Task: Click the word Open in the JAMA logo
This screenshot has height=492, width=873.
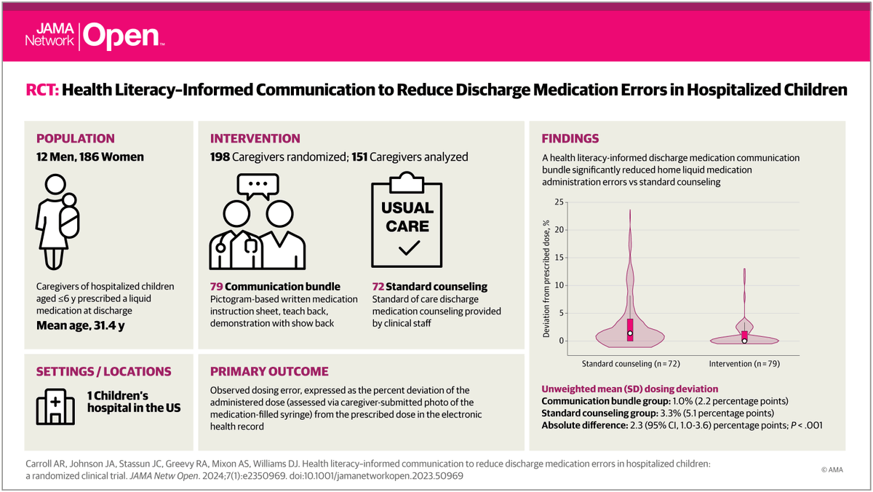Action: tap(121, 36)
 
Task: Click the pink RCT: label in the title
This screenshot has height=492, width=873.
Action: tap(42, 90)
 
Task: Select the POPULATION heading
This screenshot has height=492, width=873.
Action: tap(76, 138)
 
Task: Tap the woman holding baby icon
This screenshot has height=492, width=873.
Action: tap(57, 222)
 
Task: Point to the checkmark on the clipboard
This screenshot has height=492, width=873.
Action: tap(409, 248)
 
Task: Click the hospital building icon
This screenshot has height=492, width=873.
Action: tap(55, 407)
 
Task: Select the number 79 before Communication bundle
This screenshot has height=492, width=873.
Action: tap(216, 287)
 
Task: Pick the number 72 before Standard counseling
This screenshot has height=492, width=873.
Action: tap(378, 287)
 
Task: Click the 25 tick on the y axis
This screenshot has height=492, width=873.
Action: tap(559, 202)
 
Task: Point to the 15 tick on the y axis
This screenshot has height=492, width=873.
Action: tap(559, 258)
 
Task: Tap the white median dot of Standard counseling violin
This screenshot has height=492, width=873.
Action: tap(630, 333)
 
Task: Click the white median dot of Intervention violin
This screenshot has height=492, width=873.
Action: tap(744, 341)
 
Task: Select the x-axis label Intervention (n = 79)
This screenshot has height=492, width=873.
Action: tap(744, 364)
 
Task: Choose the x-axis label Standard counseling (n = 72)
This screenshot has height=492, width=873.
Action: tap(631, 364)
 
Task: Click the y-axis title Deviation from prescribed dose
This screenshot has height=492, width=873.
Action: tap(546, 279)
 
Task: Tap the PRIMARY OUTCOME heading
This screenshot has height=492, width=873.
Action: tap(269, 371)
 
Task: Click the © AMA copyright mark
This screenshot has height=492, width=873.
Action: tap(832, 469)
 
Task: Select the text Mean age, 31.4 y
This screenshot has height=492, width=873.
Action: tap(81, 325)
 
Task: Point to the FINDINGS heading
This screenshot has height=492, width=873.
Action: tap(570, 138)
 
